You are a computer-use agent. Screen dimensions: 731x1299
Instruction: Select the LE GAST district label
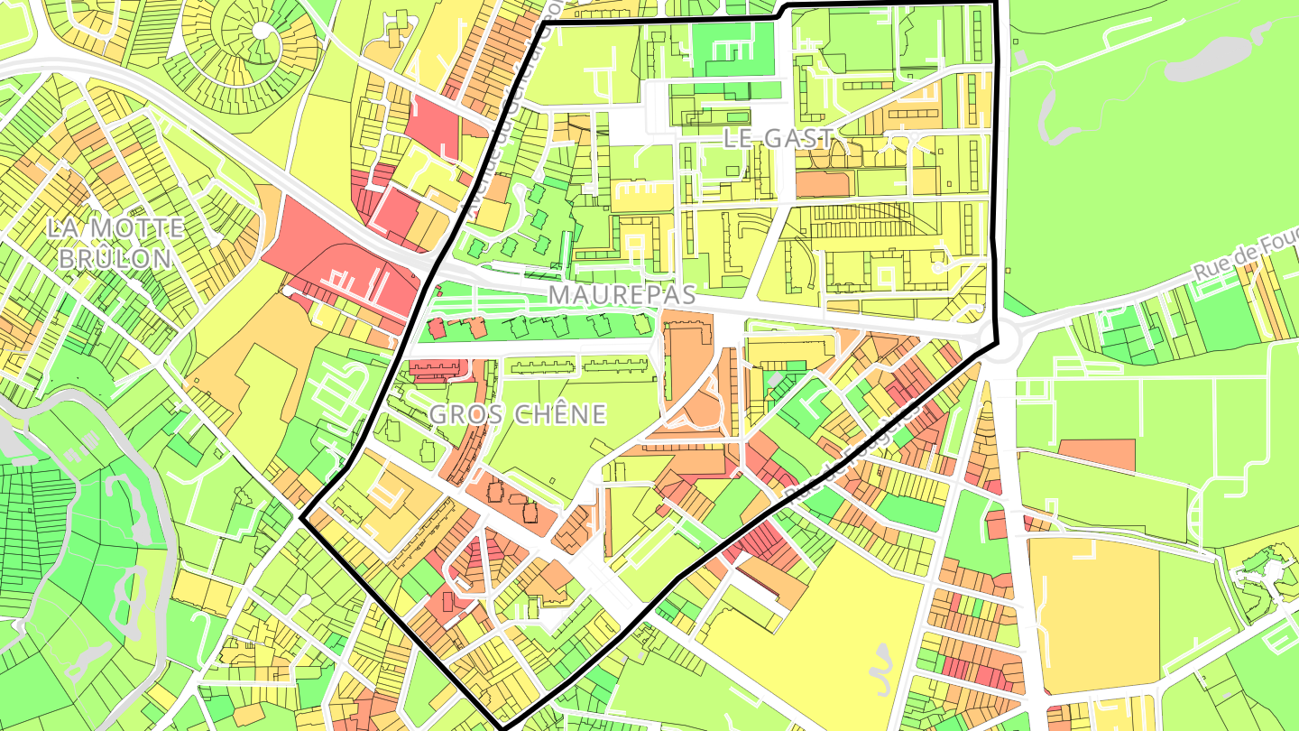point(778,138)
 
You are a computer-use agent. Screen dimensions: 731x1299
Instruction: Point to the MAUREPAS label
point(622,295)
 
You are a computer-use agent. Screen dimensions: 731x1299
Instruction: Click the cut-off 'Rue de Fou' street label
point(1245,263)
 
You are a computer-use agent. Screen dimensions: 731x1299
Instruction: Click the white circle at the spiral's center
point(261,31)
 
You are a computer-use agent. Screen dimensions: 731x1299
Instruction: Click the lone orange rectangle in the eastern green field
point(1096,455)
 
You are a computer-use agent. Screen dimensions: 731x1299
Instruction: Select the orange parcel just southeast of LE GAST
point(823,183)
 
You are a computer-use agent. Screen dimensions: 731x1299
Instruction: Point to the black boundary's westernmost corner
point(301,519)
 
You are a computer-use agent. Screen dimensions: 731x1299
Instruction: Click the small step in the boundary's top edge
point(782,12)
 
